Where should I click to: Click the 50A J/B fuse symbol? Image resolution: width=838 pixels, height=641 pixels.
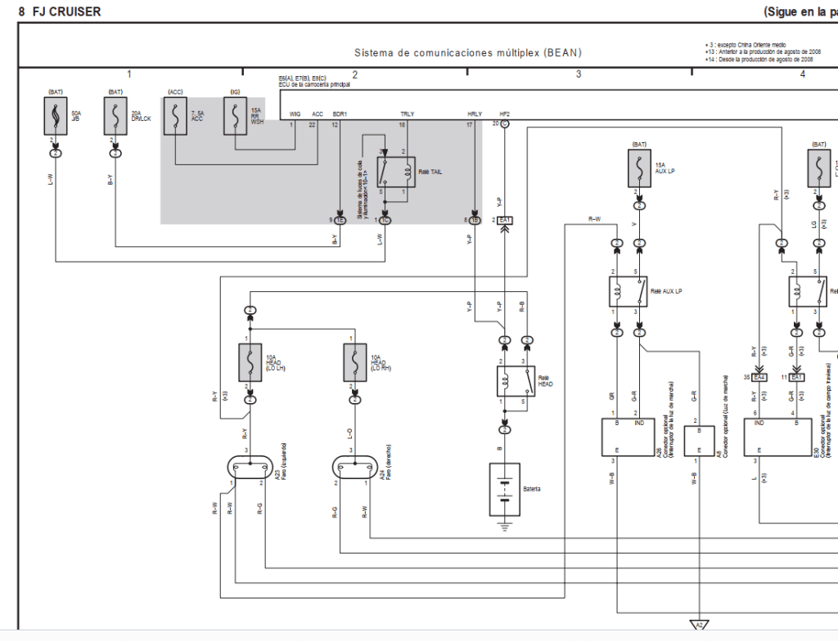(x=55, y=116)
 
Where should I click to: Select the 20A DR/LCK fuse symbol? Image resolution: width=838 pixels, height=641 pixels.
(x=115, y=116)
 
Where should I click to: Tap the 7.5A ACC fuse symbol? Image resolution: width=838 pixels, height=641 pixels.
(x=175, y=116)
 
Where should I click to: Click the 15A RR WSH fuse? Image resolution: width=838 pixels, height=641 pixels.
(x=235, y=116)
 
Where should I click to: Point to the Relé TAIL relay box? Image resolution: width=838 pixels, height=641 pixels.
(x=395, y=172)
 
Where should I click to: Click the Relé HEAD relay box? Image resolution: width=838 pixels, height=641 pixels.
(x=516, y=381)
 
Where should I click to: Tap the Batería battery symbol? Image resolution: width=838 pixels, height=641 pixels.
(x=504, y=490)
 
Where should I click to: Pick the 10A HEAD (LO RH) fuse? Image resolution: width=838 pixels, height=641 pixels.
(x=354, y=362)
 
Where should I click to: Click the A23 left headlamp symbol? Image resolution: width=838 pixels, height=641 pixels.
(x=249, y=468)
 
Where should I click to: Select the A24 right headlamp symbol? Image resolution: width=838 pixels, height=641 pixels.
(x=355, y=468)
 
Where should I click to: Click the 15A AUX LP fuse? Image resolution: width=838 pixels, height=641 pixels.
(x=636, y=170)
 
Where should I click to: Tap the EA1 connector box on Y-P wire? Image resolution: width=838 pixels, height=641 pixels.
(x=506, y=221)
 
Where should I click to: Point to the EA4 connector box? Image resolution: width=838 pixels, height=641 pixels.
(x=759, y=377)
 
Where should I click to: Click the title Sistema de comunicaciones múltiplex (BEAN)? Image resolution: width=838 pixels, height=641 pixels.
(x=467, y=53)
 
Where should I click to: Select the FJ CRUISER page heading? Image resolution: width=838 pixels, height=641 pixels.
(x=66, y=11)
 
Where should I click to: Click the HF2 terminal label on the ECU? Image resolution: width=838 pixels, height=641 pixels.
(x=505, y=114)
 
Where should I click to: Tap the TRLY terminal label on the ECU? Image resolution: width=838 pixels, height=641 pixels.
(x=407, y=114)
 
